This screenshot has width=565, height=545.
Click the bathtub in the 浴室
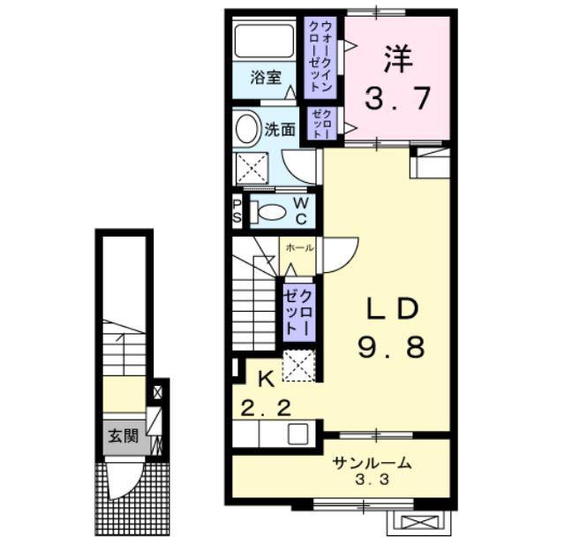(264, 41)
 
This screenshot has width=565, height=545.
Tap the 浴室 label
(266, 77)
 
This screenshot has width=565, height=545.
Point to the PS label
(237, 211)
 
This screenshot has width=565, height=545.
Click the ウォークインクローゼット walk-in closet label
(320, 57)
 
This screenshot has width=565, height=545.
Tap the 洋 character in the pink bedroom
(398, 59)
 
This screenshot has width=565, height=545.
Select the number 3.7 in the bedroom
(397, 98)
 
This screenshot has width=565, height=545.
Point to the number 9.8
(392, 347)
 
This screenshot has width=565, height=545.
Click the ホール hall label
(299, 247)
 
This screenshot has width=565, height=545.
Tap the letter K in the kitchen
(266, 379)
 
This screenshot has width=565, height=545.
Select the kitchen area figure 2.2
(266, 409)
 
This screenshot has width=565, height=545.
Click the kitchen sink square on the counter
(298, 434)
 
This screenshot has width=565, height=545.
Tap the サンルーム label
(373, 463)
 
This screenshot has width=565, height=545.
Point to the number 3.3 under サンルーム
(373, 480)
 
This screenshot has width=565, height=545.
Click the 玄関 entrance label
(124, 436)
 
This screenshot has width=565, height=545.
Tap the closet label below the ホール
(298, 312)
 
